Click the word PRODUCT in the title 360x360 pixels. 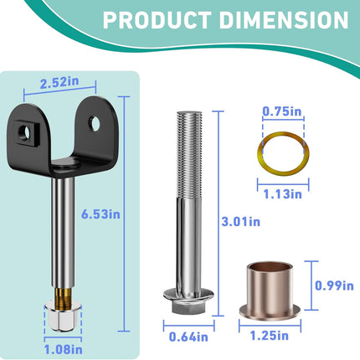pos(157,20)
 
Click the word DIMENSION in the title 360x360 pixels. pos(284,20)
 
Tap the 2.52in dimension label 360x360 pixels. pos(59,82)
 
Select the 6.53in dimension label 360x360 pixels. pos(100,214)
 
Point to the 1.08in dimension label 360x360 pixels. pos(64,349)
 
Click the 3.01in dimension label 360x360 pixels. pos(241,222)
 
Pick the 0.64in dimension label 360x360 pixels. pos(188,337)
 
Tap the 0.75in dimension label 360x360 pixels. pos(282,111)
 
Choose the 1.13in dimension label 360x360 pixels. pos(283,194)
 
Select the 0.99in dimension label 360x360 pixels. pos(334,285)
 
